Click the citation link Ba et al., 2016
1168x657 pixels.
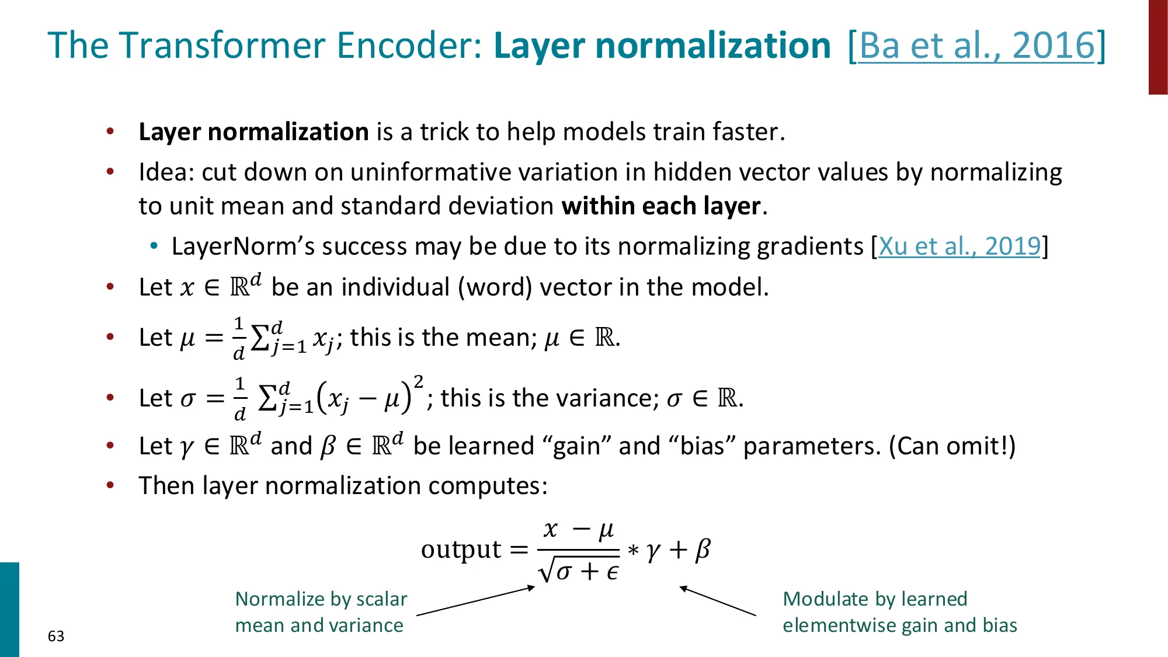(976, 46)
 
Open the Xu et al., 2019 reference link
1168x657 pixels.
(960, 246)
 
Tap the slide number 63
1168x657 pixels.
(56, 636)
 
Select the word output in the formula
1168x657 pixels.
(461, 550)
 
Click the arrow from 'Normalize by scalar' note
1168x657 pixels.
(475, 601)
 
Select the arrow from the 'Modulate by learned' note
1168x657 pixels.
(718, 601)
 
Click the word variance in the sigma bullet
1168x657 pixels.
(604, 398)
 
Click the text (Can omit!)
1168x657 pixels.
(952, 446)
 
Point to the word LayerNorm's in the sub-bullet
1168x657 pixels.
(243, 246)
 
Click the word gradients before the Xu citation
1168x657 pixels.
(809, 246)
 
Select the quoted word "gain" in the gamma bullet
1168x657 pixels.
(576, 446)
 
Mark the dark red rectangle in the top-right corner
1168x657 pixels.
(1158, 47)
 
